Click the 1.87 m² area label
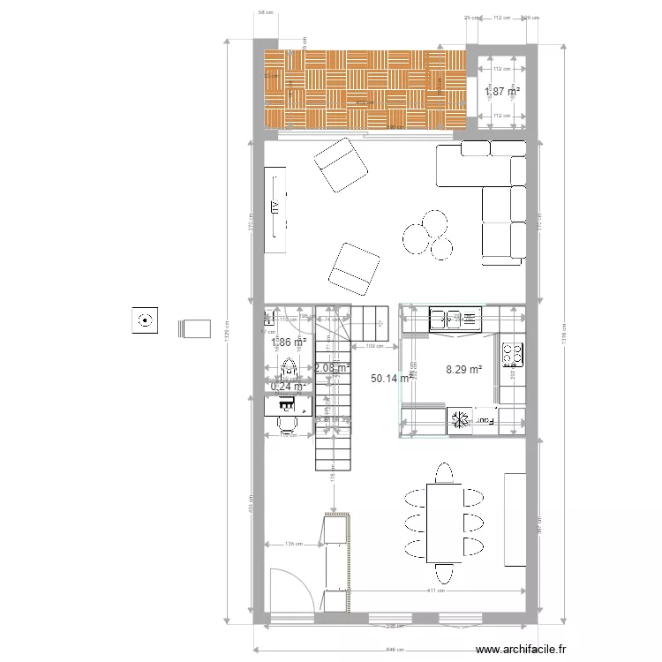point(501,91)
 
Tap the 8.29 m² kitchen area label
point(464,370)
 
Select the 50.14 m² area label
point(389,378)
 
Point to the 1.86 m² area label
point(289,342)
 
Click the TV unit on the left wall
point(279,209)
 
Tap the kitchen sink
point(455,317)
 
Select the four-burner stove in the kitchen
point(512,354)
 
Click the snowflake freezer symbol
point(459,420)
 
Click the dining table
point(444,522)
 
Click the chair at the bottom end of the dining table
point(444,570)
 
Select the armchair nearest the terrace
point(341,166)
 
